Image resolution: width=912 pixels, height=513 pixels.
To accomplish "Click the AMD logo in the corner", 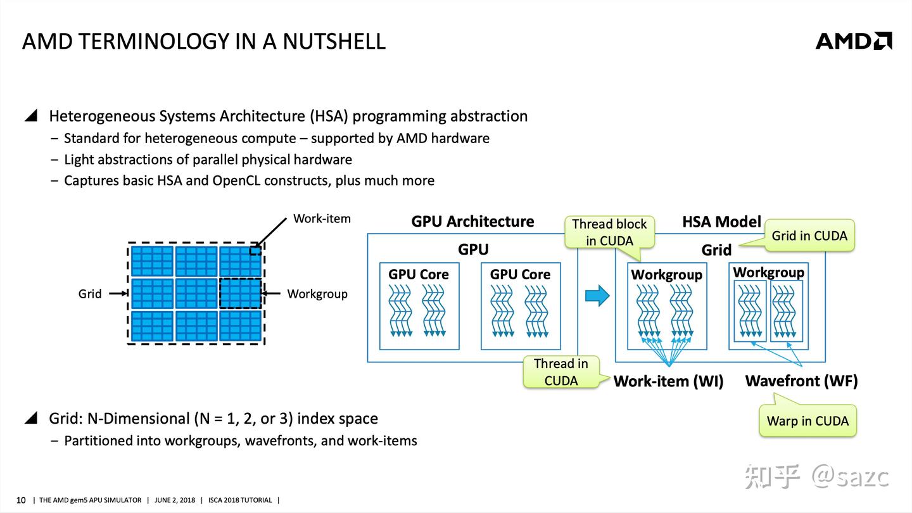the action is tap(854, 41).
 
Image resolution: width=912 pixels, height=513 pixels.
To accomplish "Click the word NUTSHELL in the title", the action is tap(334, 42).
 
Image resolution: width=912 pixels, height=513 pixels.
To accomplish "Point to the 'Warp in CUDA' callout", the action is tap(807, 421).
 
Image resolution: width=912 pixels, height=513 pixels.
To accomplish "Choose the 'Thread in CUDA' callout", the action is tap(561, 372).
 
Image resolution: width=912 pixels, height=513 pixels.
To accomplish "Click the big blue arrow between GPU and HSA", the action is tap(597, 295).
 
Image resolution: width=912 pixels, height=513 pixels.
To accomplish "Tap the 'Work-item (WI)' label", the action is tap(668, 381).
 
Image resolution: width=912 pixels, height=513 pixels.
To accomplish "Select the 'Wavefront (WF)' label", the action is tap(801, 381).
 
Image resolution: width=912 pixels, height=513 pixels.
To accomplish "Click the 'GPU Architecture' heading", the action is tap(472, 222).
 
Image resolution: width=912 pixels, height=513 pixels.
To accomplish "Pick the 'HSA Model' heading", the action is tap(721, 222).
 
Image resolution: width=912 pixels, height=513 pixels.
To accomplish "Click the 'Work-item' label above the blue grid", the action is tap(322, 218).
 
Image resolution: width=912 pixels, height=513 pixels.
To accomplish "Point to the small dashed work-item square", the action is tap(255, 250).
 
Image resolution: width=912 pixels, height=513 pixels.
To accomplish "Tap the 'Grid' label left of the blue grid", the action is tap(89, 294).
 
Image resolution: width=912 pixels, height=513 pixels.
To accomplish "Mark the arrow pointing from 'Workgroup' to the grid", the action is tap(271, 293).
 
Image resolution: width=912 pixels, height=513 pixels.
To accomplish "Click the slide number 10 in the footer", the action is tap(21, 500).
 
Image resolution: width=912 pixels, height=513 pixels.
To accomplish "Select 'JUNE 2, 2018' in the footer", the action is tap(175, 500).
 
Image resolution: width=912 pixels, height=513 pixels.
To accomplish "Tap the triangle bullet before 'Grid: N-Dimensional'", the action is tap(32, 418).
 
